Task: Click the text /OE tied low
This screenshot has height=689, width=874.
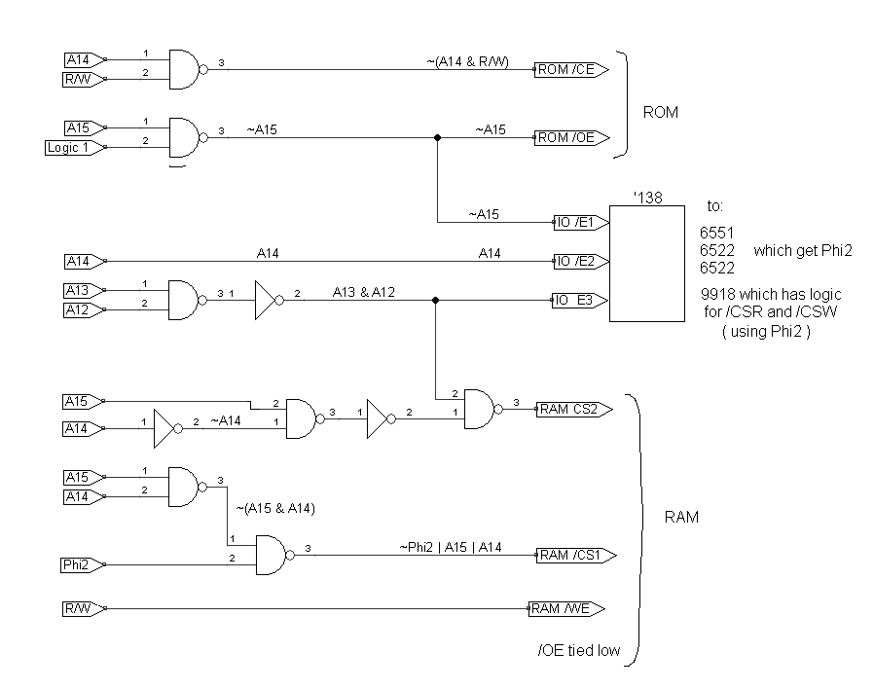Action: point(580,648)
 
